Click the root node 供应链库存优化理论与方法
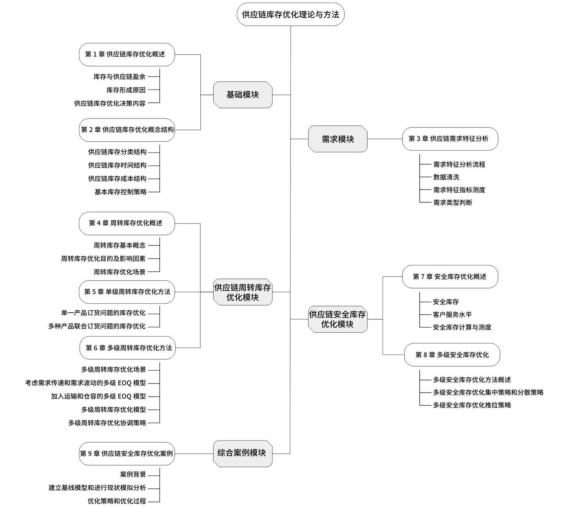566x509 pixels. pos(290,14)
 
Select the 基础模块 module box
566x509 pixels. pos(243,95)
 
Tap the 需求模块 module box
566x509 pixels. pos(337,139)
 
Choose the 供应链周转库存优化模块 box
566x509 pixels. pos(243,292)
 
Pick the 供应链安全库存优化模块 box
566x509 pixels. pos(337,319)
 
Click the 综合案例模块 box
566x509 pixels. pos(243,453)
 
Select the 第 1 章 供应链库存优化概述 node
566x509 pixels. pos(127,54)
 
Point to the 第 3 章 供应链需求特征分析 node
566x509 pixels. pos(450,139)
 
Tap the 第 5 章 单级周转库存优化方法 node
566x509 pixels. pos(127,292)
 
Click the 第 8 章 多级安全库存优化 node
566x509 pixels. pos(452,355)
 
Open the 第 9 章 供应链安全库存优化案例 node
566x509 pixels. pos(127,453)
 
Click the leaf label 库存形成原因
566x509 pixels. pos(126,90)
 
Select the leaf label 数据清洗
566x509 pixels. pos(446,177)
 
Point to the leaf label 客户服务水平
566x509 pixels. pos(452,314)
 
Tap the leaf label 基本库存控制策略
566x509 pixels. pos(120,192)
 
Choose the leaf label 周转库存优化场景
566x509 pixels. pos(119,272)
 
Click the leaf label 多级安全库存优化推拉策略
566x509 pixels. pos(472,405)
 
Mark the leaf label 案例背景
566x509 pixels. pos(133,474)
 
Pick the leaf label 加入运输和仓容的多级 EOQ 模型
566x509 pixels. pos(98,396)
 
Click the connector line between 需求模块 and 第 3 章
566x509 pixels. pos(385,139)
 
